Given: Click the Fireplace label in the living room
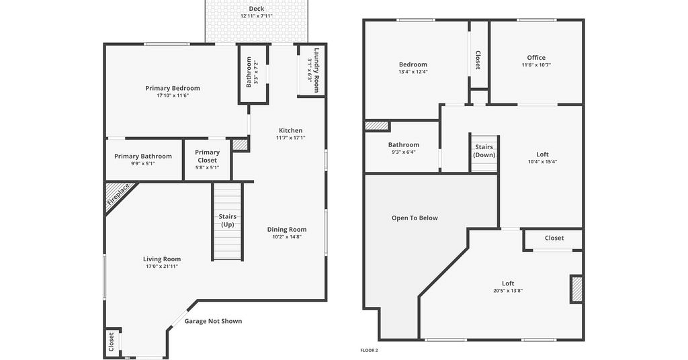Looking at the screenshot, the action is [118, 195].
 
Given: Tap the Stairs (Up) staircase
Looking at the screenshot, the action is [227, 222].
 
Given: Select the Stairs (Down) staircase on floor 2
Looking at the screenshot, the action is [484, 153].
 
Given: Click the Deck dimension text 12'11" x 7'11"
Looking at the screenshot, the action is [256, 16].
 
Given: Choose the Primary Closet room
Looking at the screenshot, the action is [207, 159].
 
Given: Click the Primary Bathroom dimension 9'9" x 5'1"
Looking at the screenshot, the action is [143, 164].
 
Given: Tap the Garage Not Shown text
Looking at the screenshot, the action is [213, 321].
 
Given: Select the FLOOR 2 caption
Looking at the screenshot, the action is [369, 351].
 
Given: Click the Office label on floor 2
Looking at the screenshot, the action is [536, 58].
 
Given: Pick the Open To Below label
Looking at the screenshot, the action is [415, 218].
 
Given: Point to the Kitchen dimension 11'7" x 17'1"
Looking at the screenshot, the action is [290, 138].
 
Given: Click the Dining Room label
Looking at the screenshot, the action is [287, 229].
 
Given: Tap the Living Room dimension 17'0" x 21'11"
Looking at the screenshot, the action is [162, 266].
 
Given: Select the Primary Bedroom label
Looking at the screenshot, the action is [173, 88].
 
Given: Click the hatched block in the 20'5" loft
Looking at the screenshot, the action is [576, 289].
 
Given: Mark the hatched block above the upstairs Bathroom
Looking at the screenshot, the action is [377, 126].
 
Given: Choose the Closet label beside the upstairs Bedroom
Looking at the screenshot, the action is [478, 60].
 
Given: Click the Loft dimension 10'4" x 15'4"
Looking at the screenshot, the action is [542, 161].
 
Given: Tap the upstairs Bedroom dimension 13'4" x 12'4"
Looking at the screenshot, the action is [413, 71].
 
